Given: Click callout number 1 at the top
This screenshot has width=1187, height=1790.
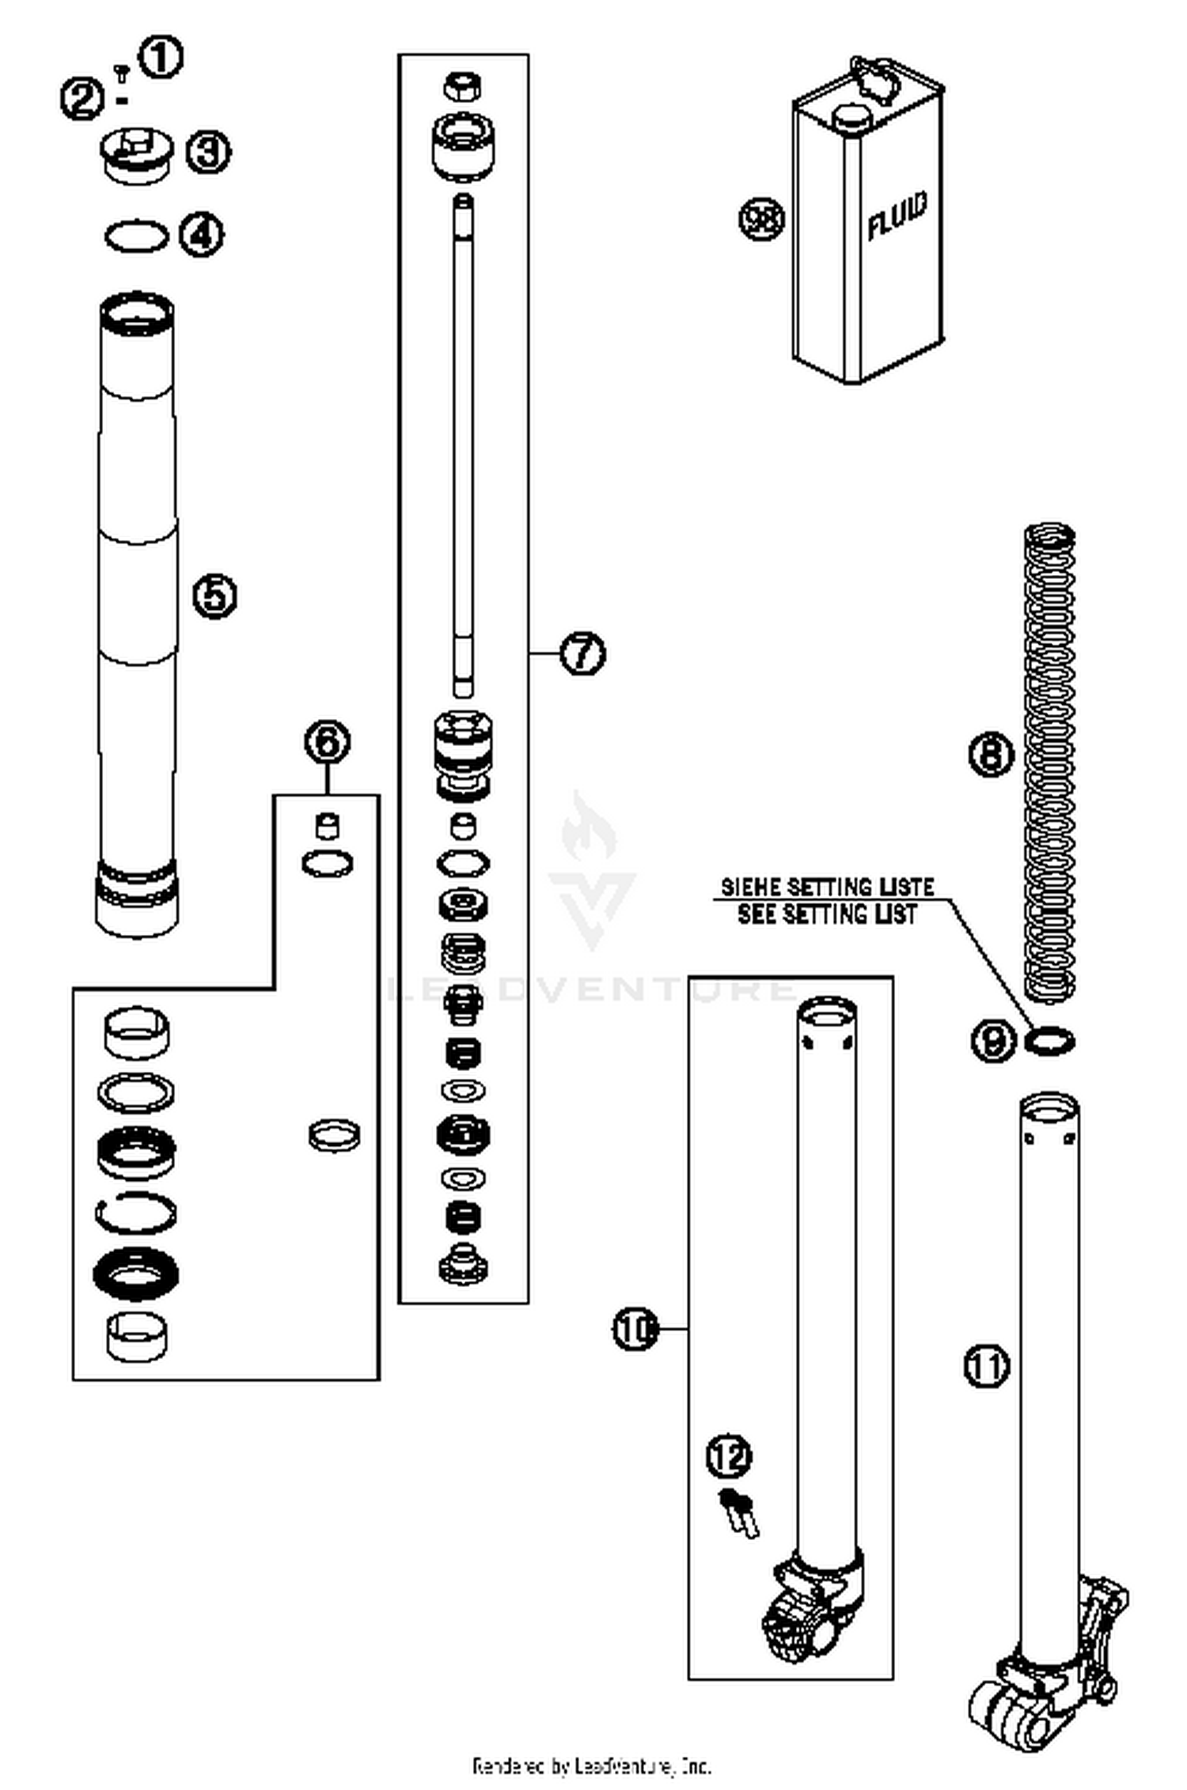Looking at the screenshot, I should coord(161,57).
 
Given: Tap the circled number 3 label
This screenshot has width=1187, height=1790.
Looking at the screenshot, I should coord(208,151).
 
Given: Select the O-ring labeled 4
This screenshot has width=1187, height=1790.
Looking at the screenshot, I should coord(136,237).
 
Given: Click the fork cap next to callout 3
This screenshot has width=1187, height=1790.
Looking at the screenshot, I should coord(136,156).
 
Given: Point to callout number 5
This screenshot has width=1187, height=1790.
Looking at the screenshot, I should coord(215,596).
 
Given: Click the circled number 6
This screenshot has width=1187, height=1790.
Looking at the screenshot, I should coord(327,742).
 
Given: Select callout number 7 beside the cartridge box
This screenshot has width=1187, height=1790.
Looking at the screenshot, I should coord(582,653).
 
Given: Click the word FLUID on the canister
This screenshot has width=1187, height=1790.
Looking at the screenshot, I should coord(897,215).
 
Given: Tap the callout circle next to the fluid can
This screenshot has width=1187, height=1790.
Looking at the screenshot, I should coord(761,218).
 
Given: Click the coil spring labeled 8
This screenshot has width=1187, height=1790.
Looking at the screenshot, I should coord(1049,763).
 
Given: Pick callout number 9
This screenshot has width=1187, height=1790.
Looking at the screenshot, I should coord(992,1040).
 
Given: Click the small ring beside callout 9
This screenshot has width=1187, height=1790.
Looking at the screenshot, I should coord(1049,1041).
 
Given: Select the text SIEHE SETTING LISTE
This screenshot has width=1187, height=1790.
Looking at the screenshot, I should coord(827,887).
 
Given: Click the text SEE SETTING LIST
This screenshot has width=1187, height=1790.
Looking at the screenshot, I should coord(827,915).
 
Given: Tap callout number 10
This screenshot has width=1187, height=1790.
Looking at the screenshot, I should coord(635,1330).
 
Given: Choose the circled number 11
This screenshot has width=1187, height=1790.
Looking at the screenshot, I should coord(986,1366).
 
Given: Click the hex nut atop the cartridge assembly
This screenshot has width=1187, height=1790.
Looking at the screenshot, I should coord(463,86).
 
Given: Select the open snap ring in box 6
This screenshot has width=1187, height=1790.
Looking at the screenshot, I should coord(136,1213).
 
